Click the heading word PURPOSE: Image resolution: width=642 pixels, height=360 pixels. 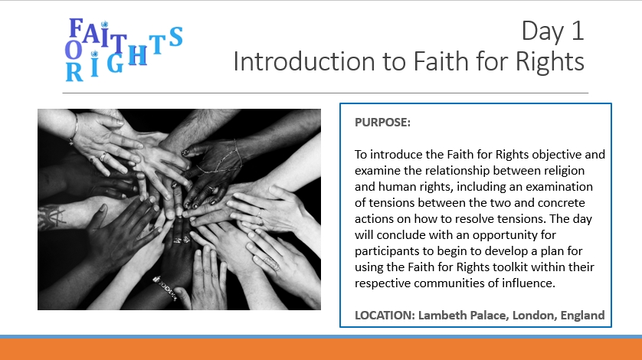point(382,122)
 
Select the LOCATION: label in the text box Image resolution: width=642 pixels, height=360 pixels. point(385,315)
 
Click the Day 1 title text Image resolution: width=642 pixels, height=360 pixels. point(552,31)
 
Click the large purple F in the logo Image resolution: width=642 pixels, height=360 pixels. point(76,28)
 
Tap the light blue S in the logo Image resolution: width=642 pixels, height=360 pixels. point(175,37)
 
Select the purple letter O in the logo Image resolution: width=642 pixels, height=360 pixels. point(74,50)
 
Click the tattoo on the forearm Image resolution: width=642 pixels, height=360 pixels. point(51,216)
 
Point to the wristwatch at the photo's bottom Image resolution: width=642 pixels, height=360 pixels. point(165,287)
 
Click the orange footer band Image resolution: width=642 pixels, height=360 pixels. point(321,349)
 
